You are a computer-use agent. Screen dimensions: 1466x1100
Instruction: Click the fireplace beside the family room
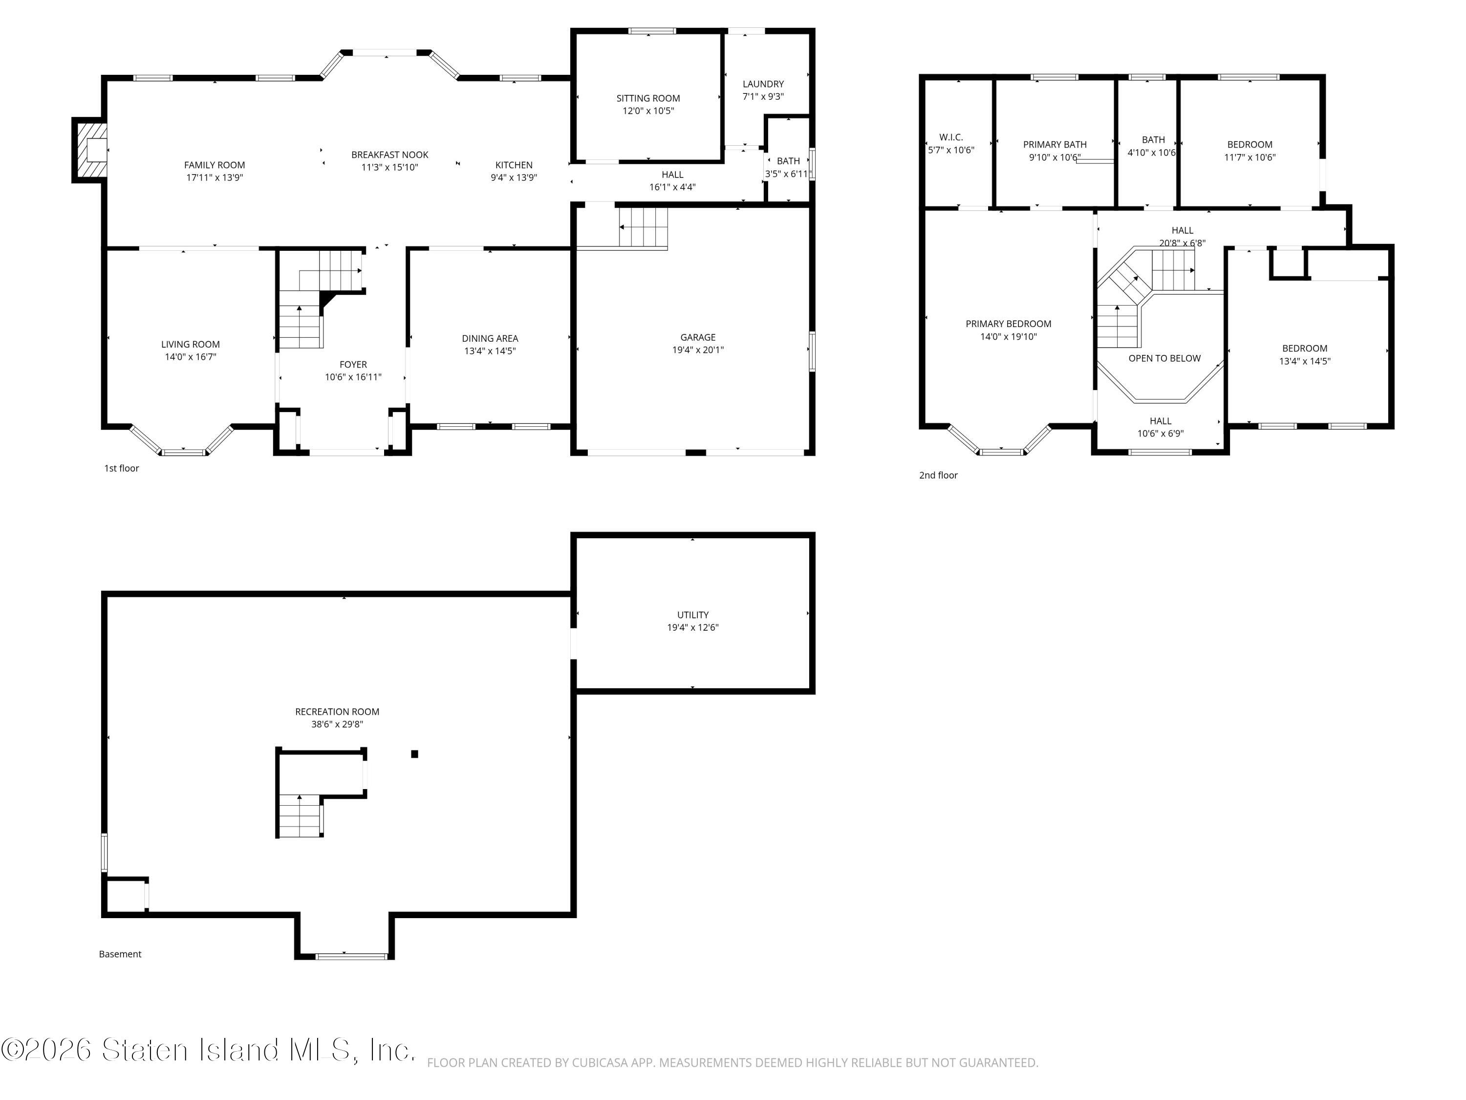click(x=90, y=150)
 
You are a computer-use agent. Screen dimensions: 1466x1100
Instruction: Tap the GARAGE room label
click(x=698, y=337)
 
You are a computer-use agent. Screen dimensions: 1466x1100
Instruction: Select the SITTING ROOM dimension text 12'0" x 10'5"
click(x=648, y=110)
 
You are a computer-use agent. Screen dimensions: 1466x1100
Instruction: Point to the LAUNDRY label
click(x=763, y=84)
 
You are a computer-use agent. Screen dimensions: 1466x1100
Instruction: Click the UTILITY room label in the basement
click(x=692, y=615)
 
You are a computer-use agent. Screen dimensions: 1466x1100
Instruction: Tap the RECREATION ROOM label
click(x=337, y=711)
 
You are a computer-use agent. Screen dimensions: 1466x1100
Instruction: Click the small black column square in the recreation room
click(x=415, y=754)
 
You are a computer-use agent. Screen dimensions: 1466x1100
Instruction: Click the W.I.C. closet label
click(x=951, y=137)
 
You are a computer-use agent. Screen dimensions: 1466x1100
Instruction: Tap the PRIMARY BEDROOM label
click(x=1008, y=324)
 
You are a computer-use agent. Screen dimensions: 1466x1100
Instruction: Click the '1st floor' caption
click(x=121, y=468)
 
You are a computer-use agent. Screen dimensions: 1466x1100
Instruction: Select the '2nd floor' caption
click(x=938, y=475)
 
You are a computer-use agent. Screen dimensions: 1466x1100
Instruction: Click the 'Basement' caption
click(x=120, y=954)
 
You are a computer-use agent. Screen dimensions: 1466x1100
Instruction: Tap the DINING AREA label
click(x=490, y=339)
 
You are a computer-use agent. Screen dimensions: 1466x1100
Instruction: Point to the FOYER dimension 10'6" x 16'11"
click(x=353, y=377)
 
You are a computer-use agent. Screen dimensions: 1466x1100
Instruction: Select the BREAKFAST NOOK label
click(x=389, y=154)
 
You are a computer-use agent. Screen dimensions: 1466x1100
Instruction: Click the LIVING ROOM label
click(x=190, y=344)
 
